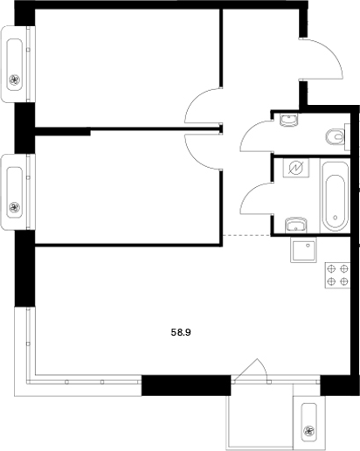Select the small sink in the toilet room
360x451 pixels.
(289, 122)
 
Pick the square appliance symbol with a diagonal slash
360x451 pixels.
(296, 168)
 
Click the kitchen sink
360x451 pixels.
(303, 252)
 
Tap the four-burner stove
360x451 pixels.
(336, 277)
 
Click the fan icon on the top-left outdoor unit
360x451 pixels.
(14, 82)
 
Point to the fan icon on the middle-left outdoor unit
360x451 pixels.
(14, 207)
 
